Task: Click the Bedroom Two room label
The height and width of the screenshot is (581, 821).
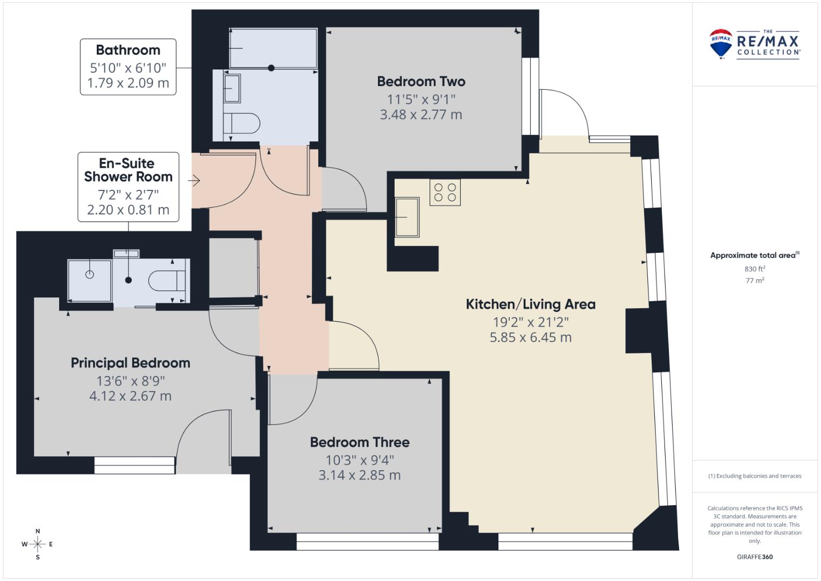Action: (421, 81)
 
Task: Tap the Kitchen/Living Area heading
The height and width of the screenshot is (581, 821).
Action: (530, 304)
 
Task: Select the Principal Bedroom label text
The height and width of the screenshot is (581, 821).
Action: (131, 363)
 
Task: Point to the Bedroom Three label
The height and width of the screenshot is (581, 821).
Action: (360, 442)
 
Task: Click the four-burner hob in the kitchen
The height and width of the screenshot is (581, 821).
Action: (445, 192)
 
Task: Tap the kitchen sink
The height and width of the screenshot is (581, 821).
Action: (407, 217)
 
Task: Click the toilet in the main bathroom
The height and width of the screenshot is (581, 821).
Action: (241, 123)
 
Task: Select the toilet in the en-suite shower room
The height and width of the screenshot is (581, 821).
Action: (167, 281)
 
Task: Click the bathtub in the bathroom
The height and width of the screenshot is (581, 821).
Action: (273, 48)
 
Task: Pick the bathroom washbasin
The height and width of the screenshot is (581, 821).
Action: (232, 88)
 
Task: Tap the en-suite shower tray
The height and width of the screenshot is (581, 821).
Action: (89, 281)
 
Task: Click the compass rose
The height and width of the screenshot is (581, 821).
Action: (38, 544)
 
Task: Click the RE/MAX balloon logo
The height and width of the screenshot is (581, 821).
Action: (720, 44)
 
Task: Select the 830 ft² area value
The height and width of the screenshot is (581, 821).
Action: (755, 269)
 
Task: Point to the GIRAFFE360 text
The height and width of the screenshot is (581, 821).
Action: (755, 557)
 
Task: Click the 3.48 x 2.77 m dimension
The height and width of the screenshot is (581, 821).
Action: (421, 115)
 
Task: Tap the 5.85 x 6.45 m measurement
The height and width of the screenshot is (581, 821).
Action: (530, 337)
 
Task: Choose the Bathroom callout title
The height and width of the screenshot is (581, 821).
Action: (128, 50)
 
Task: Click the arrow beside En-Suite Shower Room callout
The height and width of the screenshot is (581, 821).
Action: (194, 180)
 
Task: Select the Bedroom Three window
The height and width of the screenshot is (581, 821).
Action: (367, 542)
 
